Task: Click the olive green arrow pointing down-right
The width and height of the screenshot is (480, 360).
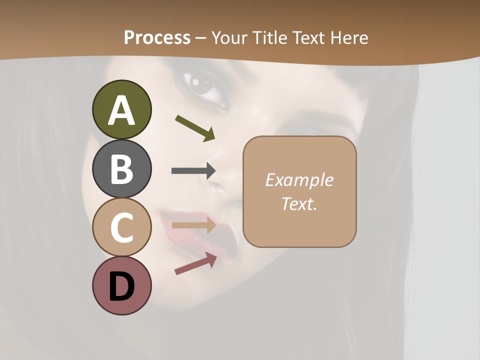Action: [x=195, y=127]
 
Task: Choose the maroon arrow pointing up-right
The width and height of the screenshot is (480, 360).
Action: [x=195, y=264]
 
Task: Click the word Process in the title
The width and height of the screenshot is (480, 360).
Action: [x=157, y=38]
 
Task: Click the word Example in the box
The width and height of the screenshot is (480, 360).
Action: [x=299, y=180]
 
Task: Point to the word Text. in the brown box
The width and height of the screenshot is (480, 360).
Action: [x=299, y=204]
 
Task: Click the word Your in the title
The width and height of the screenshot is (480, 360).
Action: [x=229, y=38]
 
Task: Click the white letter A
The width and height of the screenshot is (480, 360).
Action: [x=121, y=111]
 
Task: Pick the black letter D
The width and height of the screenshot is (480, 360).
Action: [x=121, y=287]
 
